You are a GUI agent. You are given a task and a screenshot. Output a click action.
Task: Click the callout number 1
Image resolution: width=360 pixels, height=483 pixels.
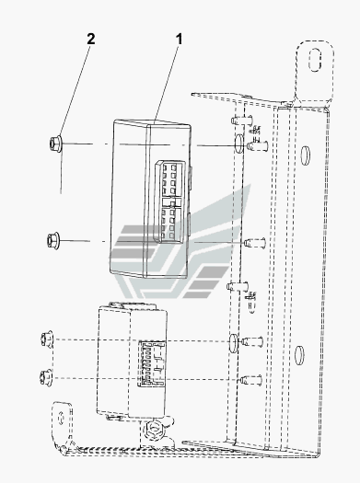point(179,40)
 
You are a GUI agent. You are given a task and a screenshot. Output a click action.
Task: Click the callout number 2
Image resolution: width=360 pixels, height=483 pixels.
point(90,40)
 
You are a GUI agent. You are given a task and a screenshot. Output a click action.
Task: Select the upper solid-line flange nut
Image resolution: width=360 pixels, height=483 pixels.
point(55,144)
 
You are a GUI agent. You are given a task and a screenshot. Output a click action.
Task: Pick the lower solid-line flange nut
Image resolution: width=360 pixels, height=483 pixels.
point(53,241)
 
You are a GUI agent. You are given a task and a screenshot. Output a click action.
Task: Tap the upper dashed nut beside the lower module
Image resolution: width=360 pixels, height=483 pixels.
point(47,339)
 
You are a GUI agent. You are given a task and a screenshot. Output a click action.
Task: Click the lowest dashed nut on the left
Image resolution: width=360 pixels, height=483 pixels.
point(46,377)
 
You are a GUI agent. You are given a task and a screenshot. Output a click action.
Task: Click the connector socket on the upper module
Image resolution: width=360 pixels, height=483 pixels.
point(169,201)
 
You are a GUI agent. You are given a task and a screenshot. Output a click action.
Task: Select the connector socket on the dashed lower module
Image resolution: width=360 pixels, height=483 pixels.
point(152,363)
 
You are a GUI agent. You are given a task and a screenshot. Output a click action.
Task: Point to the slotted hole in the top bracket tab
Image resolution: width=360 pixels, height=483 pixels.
point(315,60)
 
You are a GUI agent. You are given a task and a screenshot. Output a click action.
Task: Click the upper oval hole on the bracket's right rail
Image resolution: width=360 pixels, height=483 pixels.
point(305,155)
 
